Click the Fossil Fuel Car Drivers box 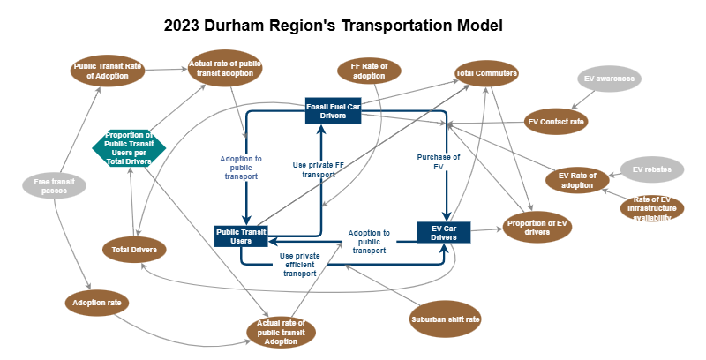coord(331,110)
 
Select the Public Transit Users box coord(241,236)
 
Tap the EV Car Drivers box coord(443,233)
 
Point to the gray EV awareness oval coord(610,79)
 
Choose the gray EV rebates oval coord(651,169)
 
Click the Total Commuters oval coord(486,74)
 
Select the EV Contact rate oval coord(556,121)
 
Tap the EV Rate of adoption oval coord(577,180)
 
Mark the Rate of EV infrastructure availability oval coord(652,208)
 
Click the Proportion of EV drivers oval coord(537,227)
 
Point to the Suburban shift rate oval coord(446,319)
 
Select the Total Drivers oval coord(134,250)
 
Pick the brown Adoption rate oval coord(98,303)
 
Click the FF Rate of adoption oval coord(369,71)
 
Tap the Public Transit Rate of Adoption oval coord(108,71)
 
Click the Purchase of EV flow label coord(438,161)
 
